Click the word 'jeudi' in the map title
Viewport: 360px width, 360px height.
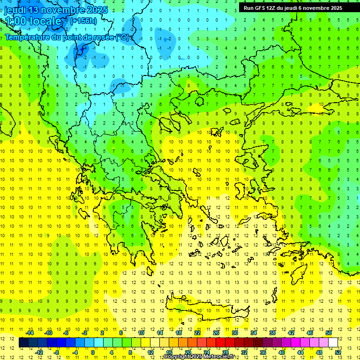tap(16, 10)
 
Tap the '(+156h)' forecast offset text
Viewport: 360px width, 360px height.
tap(83, 21)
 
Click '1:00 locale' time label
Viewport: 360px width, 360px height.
tap(33, 21)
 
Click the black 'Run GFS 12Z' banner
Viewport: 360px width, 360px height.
tap(293, 8)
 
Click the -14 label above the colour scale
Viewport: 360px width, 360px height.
tap(29, 333)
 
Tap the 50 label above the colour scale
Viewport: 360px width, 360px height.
tap(328, 333)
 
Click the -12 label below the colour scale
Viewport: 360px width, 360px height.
tap(39, 352)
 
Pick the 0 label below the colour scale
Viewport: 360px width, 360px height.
tap(93, 352)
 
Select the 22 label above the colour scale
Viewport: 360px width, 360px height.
tap(197, 333)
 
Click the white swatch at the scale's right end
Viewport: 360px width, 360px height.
tap(333, 343)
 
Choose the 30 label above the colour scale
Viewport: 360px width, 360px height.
tap(235, 333)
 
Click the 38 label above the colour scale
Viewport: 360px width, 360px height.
tap(272, 333)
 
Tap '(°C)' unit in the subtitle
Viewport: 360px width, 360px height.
tap(122, 37)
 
